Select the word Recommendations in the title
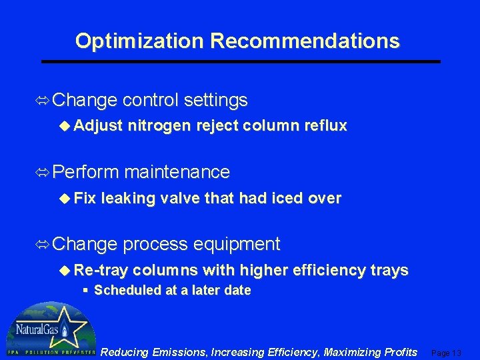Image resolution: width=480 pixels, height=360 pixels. [x=305, y=41]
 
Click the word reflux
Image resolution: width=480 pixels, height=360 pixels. [x=324, y=126]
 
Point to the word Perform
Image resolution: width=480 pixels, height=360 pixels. [x=85, y=172]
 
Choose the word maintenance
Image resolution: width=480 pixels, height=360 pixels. [x=177, y=172]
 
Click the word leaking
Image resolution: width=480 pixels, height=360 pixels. [x=127, y=198]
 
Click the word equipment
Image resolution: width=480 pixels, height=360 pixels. [x=237, y=244]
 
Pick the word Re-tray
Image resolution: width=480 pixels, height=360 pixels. [x=101, y=270]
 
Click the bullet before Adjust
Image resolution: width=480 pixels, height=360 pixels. [x=65, y=126]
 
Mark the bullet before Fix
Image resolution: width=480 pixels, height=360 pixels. [x=65, y=198]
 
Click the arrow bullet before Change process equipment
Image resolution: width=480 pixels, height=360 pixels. [x=43, y=245]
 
